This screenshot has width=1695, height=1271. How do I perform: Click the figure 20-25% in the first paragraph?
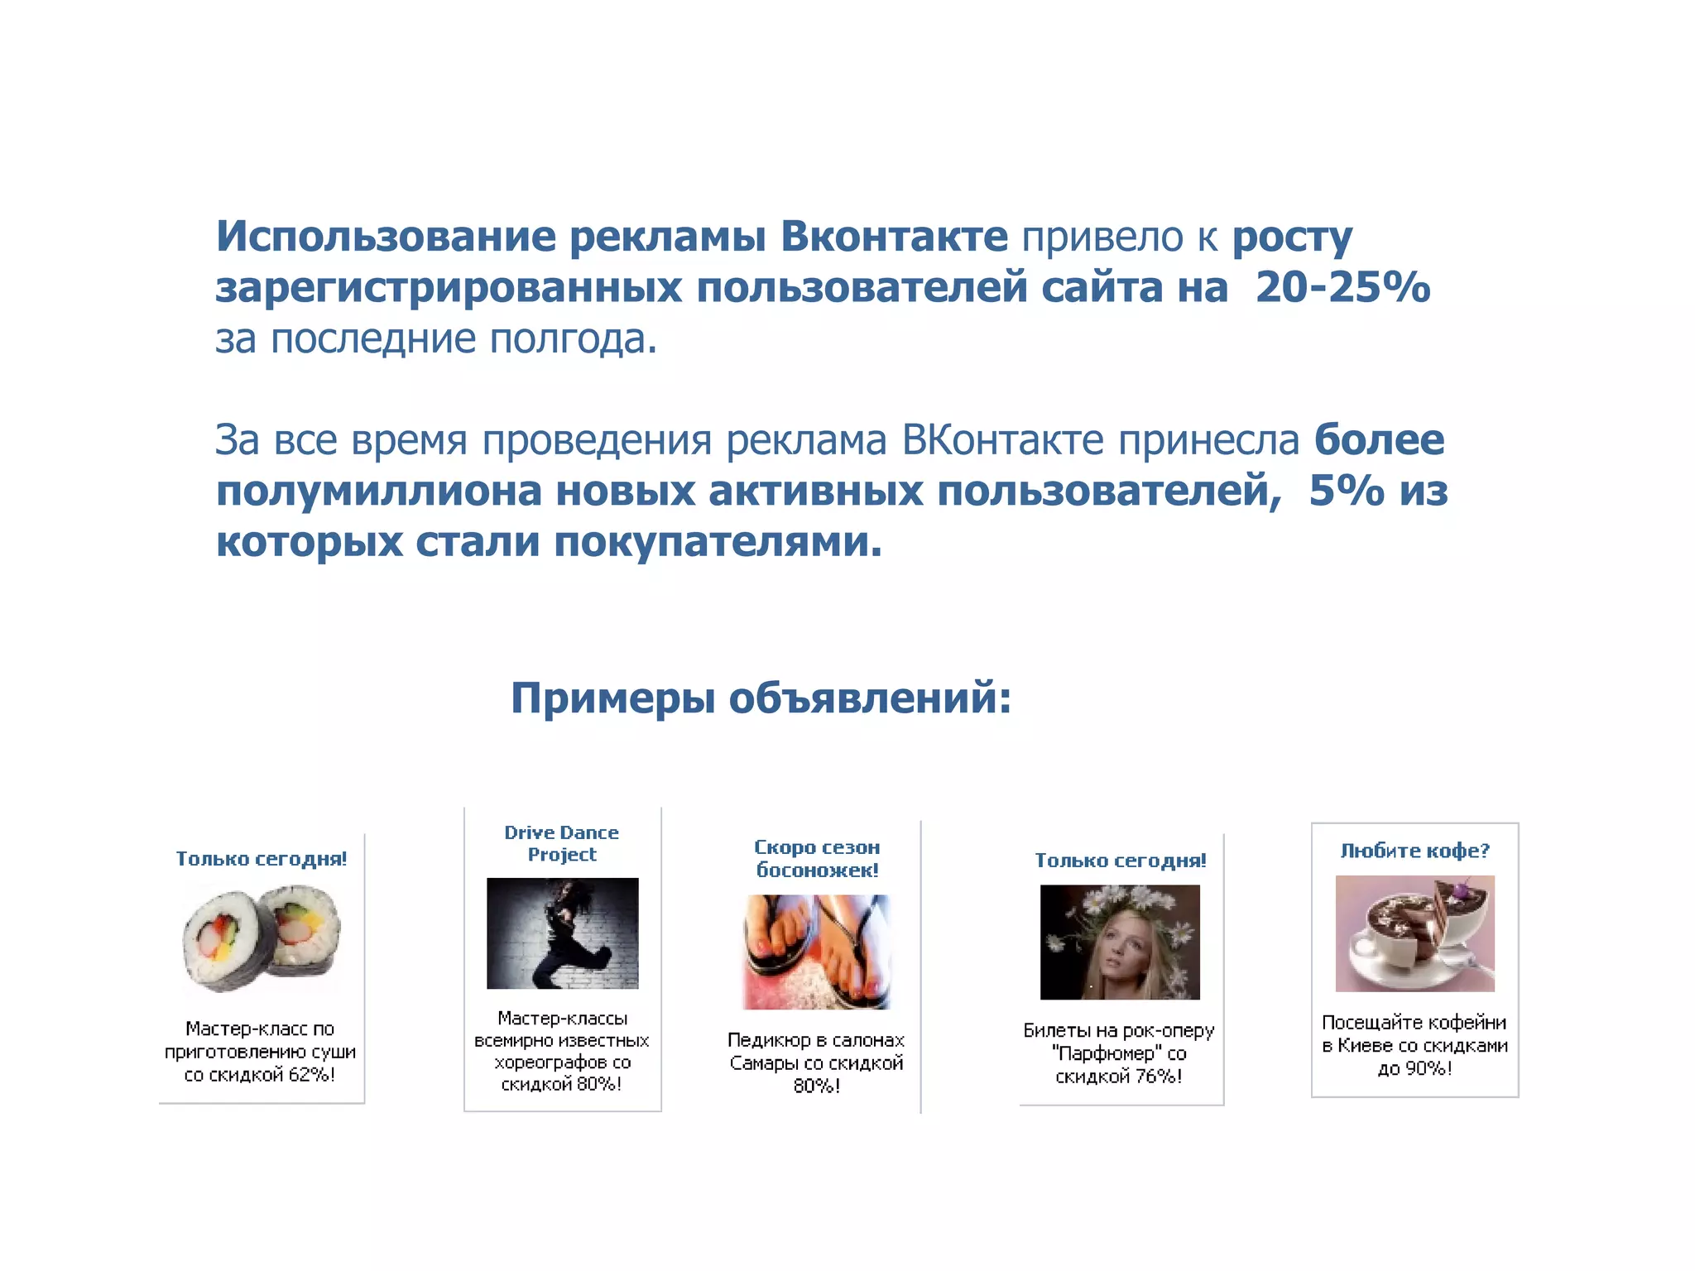pyautogui.click(x=1342, y=288)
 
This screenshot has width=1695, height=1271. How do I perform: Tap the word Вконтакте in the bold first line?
pyautogui.click(x=894, y=237)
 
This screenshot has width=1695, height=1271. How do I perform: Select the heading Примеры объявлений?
pyautogui.click(x=761, y=698)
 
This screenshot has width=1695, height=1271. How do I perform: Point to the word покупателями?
pyautogui.click(x=717, y=543)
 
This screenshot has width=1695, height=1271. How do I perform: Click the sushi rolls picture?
pyautogui.click(x=262, y=938)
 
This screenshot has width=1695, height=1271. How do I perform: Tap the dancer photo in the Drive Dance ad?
pyautogui.click(x=562, y=933)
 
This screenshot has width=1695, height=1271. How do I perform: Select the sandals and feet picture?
pyautogui.click(x=817, y=952)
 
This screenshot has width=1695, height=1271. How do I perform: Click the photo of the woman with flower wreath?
pyautogui.click(x=1119, y=942)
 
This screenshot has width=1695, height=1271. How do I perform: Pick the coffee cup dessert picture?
pyautogui.click(x=1414, y=933)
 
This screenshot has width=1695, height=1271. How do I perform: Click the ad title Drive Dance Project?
pyautogui.click(x=562, y=843)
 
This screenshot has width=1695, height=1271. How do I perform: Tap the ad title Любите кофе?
pyautogui.click(x=1414, y=851)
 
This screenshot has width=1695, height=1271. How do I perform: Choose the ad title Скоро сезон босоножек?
pyautogui.click(x=817, y=858)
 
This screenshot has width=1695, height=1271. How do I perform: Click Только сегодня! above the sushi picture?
pyautogui.click(x=262, y=859)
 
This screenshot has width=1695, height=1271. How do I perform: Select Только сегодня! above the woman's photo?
pyautogui.click(x=1121, y=861)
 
